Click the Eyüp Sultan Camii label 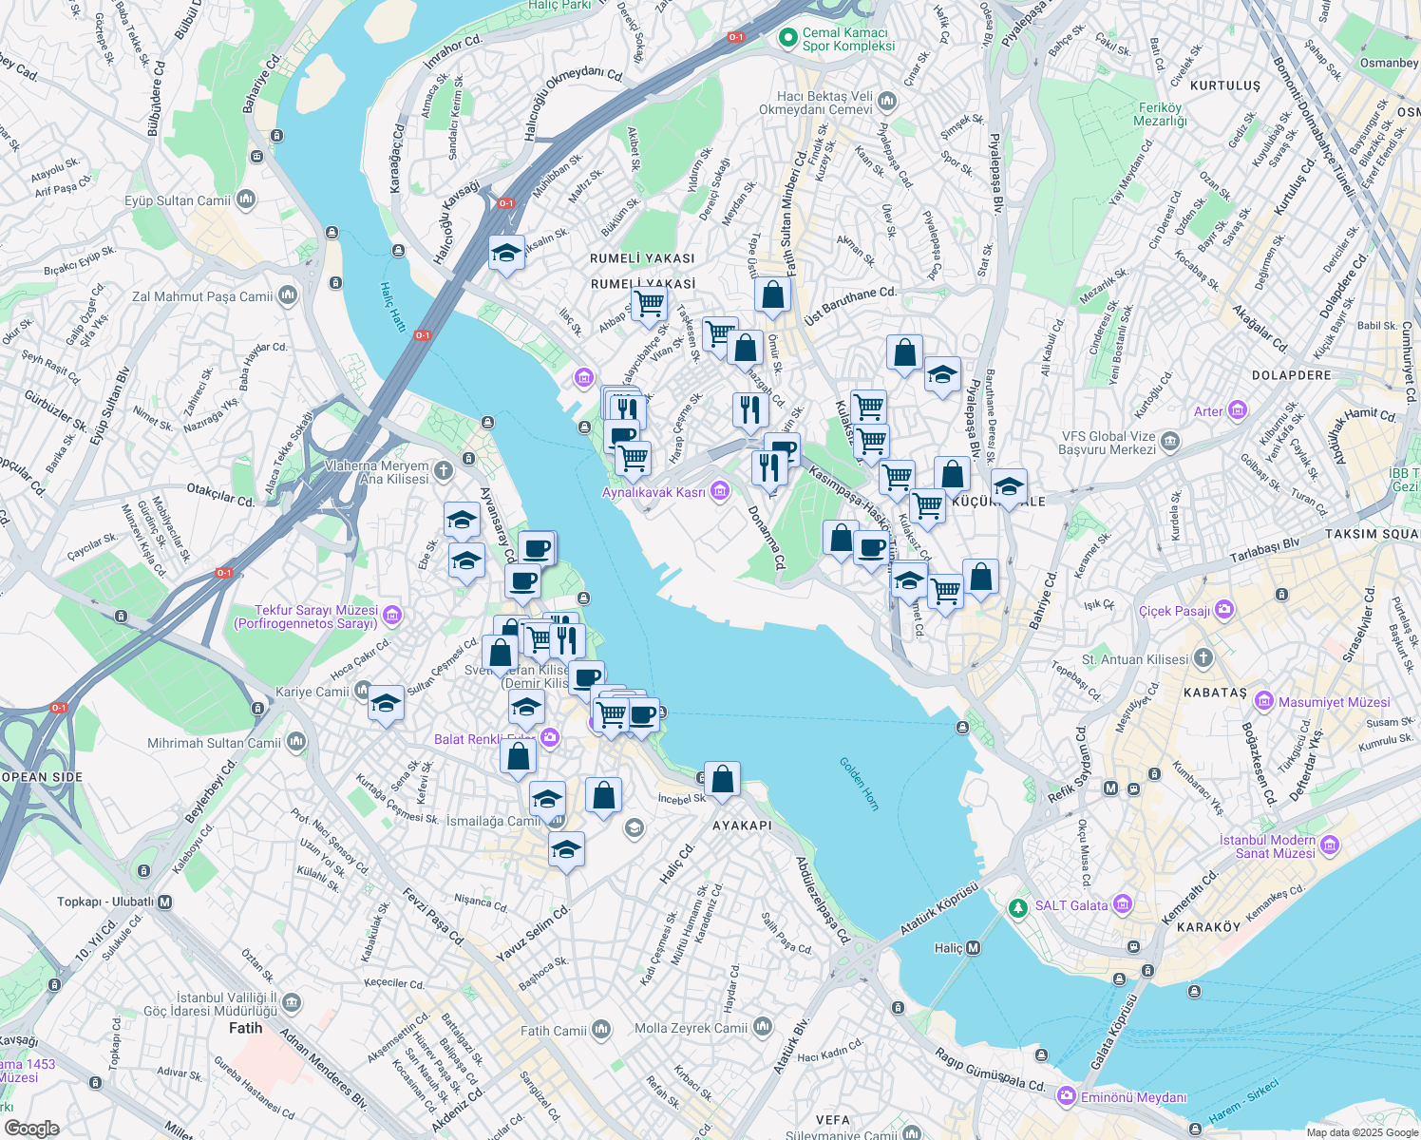tap(178, 200)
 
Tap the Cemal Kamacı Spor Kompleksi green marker tap(786, 39)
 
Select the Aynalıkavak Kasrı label tap(654, 492)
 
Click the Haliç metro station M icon tap(973, 948)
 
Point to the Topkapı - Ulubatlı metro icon tap(165, 902)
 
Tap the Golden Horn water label tap(860, 783)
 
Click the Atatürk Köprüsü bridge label tap(938, 908)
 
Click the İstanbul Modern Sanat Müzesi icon tap(1329, 845)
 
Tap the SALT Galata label tap(1070, 905)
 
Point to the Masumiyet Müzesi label tap(1334, 702)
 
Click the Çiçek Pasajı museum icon tap(1224, 610)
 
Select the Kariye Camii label tap(313, 692)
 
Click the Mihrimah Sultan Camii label tap(214, 743)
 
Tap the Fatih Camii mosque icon tap(600, 1030)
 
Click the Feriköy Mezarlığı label tap(1160, 114)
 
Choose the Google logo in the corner tap(31, 1128)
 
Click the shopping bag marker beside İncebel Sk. tap(722, 780)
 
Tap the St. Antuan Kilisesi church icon tap(1203, 658)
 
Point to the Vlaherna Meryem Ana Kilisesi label tap(377, 472)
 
